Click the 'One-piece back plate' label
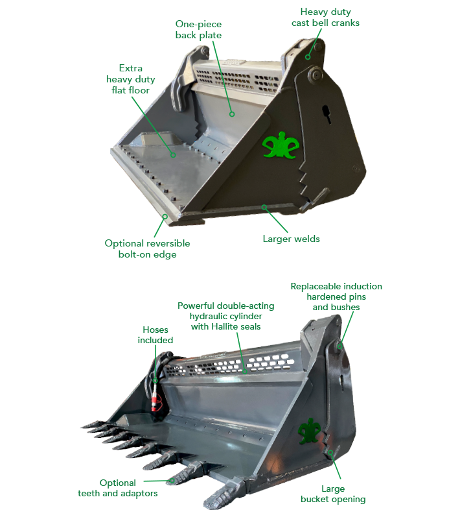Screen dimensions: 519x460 coord(198,29)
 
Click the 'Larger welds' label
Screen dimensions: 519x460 coord(291,238)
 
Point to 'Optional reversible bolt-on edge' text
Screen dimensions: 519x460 coord(148,248)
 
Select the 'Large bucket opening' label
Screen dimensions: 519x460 coord(332,494)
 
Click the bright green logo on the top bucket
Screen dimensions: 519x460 coord(280,147)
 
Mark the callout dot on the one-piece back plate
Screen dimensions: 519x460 coord(231,113)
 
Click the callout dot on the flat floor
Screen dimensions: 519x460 coord(172,154)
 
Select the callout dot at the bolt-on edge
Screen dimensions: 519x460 coord(165,216)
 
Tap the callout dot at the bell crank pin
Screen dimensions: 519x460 coord(309,57)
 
